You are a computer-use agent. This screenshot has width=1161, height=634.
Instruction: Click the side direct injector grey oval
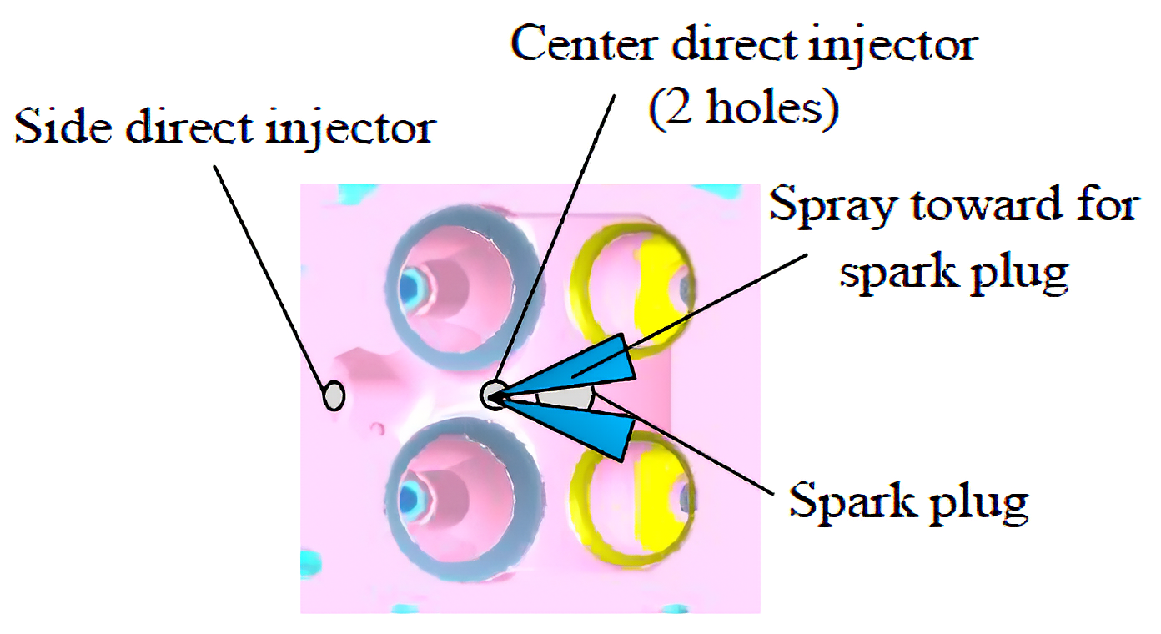[334, 395]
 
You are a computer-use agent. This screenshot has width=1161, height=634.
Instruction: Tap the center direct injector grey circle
[494, 394]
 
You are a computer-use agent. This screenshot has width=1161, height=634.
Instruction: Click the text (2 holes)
[743, 109]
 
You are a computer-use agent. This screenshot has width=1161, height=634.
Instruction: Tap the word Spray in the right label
[834, 205]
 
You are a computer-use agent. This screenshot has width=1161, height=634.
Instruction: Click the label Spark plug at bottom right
[908, 501]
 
